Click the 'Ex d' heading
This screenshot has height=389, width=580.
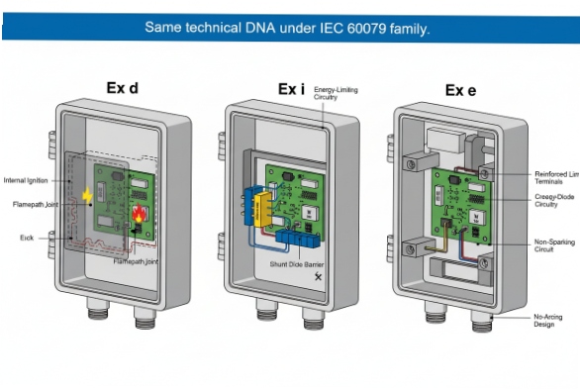pyautogui.click(x=123, y=89)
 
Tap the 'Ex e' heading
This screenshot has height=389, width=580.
pyautogui.click(x=460, y=90)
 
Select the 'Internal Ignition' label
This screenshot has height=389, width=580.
pyautogui.click(x=26, y=180)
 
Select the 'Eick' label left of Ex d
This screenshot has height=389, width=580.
pyautogui.click(x=27, y=238)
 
